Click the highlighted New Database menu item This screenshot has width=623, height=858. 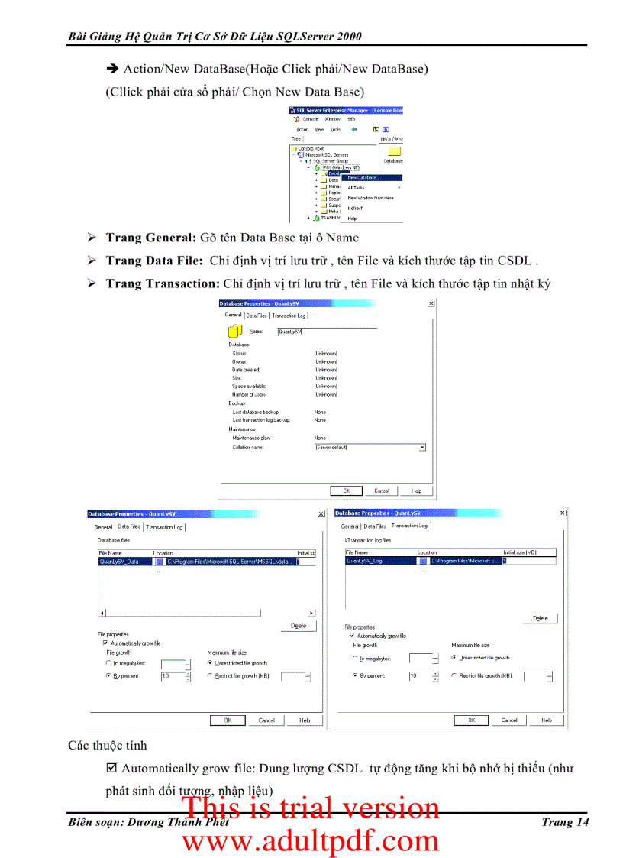pos(363,177)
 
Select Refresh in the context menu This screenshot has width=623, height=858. pos(356,208)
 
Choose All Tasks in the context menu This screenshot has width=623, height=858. pos(357,187)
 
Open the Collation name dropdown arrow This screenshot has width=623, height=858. pos(422,448)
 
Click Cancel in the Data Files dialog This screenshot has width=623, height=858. pos(266,720)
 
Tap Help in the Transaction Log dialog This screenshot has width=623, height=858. pos(547,720)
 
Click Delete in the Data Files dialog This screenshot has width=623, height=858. pos(299,625)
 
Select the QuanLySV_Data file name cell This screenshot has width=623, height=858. pos(120,561)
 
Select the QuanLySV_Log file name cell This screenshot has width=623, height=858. pos(365,560)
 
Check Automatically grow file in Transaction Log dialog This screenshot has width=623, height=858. pos(352,636)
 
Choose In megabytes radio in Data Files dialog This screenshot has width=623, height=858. pos(108,663)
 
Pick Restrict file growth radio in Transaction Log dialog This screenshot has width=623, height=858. pos(454,675)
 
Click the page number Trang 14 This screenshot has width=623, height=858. pos(565,822)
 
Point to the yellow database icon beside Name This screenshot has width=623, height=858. pos(235,331)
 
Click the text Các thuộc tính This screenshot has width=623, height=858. pos(107,745)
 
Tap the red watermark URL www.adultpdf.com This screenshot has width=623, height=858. pos(310,841)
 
